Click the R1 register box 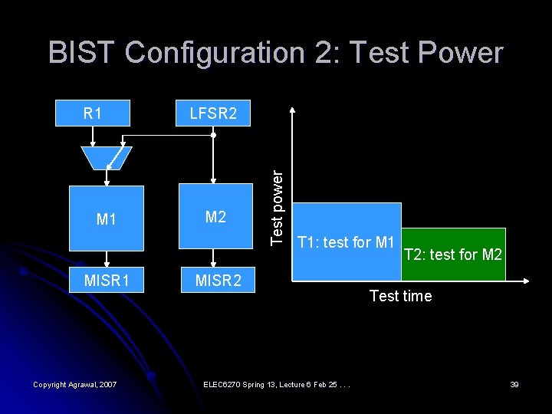[x=93, y=113]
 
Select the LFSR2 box [x=213, y=113]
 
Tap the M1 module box [x=107, y=219]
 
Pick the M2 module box [x=215, y=218]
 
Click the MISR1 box [x=107, y=281]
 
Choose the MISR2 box [x=218, y=281]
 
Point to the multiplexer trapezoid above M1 [x=107, y=158]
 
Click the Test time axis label [x=400, y=296]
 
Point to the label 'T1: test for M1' [x=346, y=243]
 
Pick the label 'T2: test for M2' [x=453, y=254]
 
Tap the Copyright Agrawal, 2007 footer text [x=75, y=384]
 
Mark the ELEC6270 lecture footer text [x=276, y=384]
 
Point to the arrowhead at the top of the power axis [x=292, y=108]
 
